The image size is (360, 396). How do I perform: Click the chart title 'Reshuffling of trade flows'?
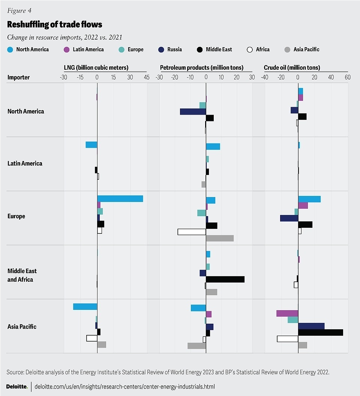click(x=55, y=25)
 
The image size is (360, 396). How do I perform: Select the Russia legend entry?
click(x=171, y=49)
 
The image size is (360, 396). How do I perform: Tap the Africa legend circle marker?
click(x=249, y=49)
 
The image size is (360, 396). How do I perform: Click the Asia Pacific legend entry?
click(x=303, y=49)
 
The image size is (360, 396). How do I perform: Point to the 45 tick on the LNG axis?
click(x=146, y=77)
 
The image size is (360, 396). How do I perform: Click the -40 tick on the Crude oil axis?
click(x=264, y=77)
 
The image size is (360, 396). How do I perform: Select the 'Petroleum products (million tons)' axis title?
click(x=202, y=68)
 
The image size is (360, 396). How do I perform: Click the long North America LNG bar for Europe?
click(x=120, y=199)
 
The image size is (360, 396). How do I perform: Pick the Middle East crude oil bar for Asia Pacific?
click(x=321, y=332)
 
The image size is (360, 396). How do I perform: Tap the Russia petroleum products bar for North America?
click(x=193, y=111)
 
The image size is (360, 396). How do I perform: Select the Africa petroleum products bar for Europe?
click(x=192, y=232)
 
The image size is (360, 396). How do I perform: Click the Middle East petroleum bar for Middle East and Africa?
click(x=225, y=279)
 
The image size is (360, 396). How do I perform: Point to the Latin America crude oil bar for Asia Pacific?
click(x=287, y=313)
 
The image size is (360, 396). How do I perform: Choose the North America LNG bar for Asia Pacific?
click(x=85, y=306)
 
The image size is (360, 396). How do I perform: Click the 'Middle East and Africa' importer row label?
click(x=22, y=275)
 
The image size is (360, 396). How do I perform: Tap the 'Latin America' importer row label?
click(x=25, y=163)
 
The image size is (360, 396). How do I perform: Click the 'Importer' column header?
click(x=18, y=78)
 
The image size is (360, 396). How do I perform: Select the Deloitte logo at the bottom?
click(x=17, y=386)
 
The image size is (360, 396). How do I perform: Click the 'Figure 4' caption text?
click(x=19, y=10)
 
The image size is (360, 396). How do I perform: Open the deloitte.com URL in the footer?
click(x=125, y=386)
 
